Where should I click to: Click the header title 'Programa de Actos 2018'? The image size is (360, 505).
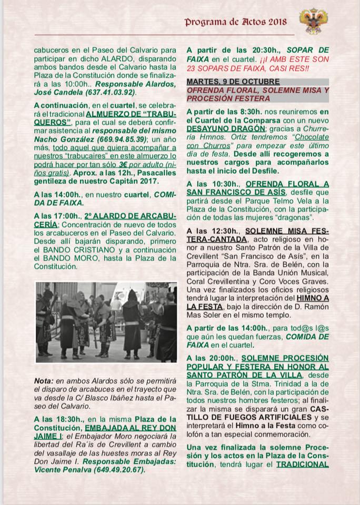(235, 22)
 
